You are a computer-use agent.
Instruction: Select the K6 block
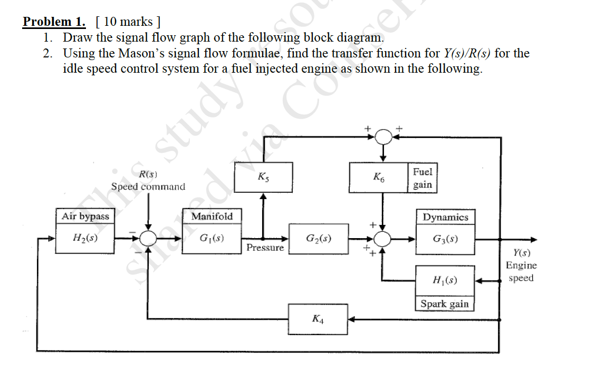379,178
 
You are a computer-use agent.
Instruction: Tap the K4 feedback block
318,319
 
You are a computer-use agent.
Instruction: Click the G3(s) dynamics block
445,239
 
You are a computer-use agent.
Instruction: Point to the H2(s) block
85,238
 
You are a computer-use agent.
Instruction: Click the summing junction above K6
384,136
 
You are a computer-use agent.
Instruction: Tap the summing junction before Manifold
149,238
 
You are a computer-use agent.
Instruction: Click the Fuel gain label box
423,178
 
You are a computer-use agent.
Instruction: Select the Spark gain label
444,304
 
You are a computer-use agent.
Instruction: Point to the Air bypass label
85,216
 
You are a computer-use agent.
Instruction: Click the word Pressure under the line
265,248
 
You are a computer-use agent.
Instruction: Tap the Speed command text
148,186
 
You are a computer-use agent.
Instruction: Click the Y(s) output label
521,253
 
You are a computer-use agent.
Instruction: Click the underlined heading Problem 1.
54,22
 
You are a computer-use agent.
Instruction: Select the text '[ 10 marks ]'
128,22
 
